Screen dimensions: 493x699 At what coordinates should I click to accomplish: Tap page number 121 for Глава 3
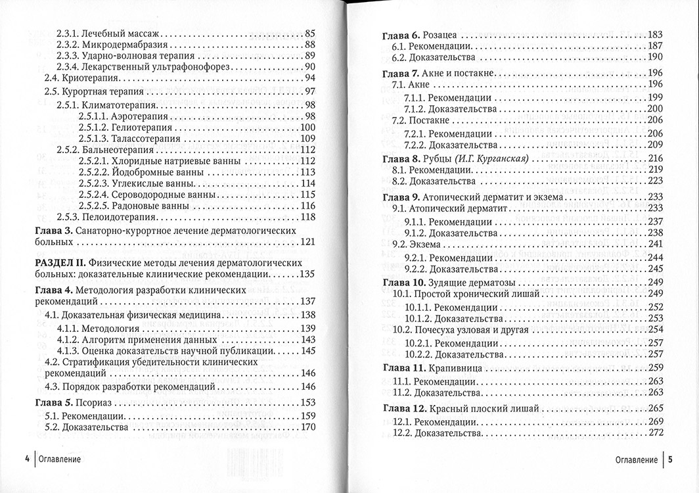[307, 242]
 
